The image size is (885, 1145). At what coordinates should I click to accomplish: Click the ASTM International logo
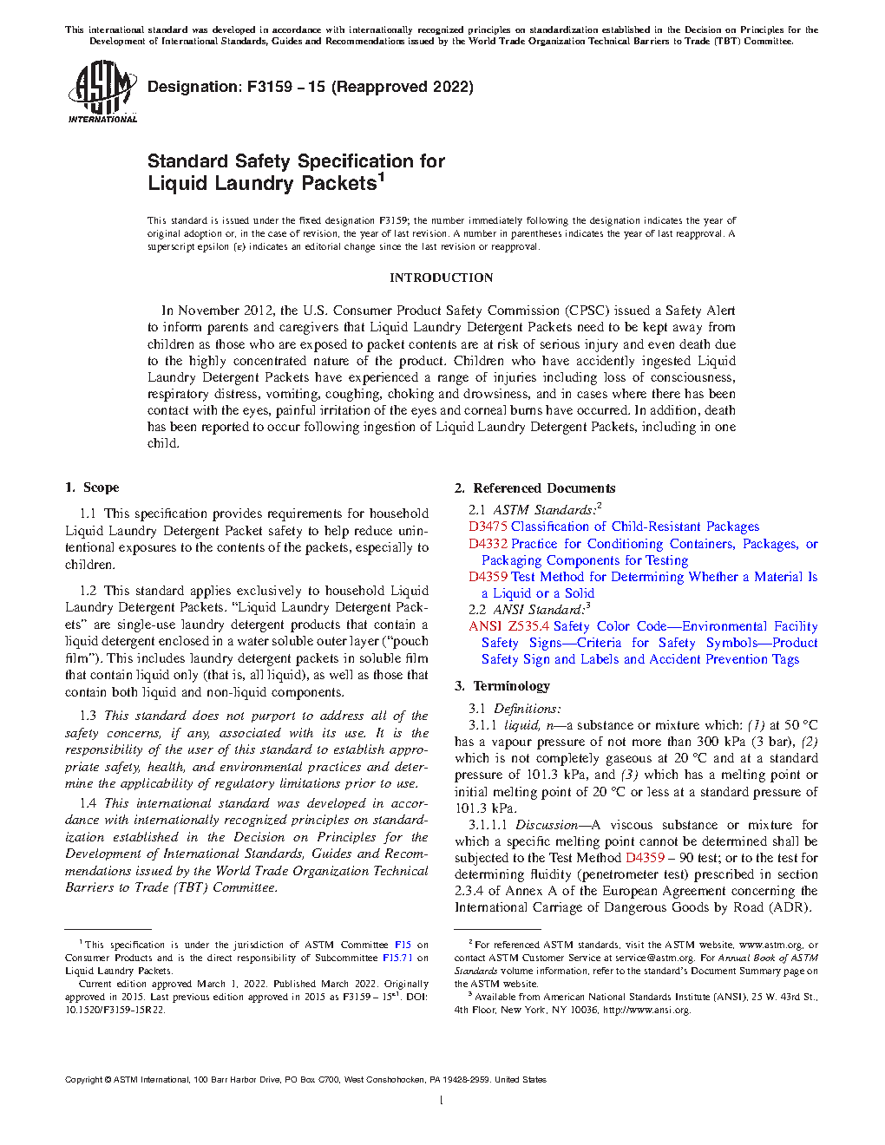(x=102, y=91)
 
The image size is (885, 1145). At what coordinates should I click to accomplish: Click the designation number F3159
(x=270, y=87)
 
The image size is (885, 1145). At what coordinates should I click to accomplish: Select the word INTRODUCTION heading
(x=441, y=278)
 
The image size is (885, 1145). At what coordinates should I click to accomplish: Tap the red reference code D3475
(x=488, y=527)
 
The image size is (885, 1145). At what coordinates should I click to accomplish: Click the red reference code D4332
(x=488, y=544)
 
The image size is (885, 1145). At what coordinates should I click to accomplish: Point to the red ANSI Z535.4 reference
(x=508, y=626)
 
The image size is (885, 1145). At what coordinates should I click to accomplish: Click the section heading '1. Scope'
(x=92, y=487)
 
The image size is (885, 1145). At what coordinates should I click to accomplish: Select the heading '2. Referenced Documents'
(x=534, y=488)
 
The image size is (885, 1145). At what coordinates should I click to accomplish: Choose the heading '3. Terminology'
(x=502, y=686)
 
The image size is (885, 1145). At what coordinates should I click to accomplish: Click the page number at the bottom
(x=442, y=1101)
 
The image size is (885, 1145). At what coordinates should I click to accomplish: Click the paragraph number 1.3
(x=88, y=716)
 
